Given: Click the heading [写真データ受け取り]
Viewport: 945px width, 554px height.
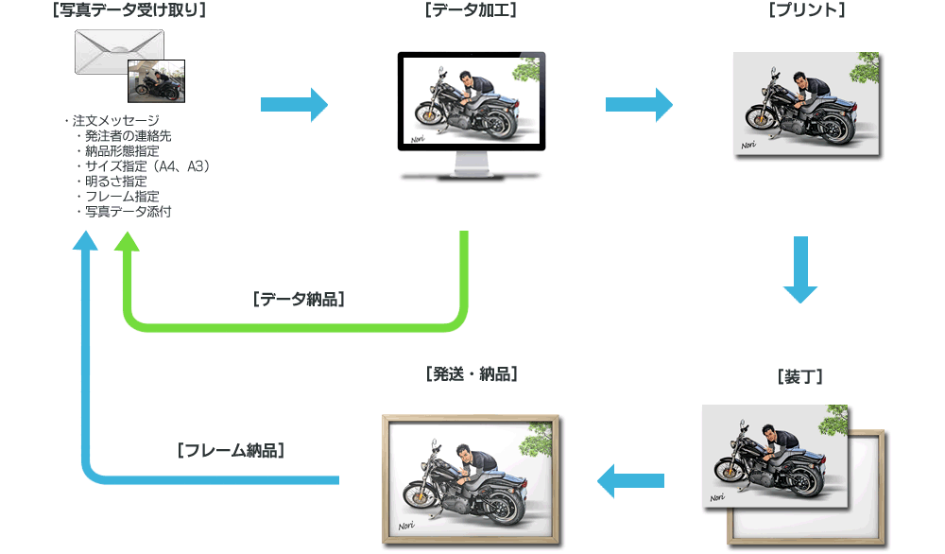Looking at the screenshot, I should coord(130,10).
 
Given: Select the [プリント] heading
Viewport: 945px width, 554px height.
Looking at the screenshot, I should coord(806,10).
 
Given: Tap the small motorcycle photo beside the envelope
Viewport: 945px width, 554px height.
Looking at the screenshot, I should coord(156,81).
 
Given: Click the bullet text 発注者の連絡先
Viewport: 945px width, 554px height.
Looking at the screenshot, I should coord(128,136).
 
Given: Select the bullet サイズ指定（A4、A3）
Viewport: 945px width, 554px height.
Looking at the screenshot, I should coord(146,166).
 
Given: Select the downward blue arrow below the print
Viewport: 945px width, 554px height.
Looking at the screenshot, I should coord(800,270).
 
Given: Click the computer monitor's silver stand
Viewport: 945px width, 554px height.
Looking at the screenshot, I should coord(472,164).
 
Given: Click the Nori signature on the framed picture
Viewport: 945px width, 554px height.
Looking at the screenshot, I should coord(407,526).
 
